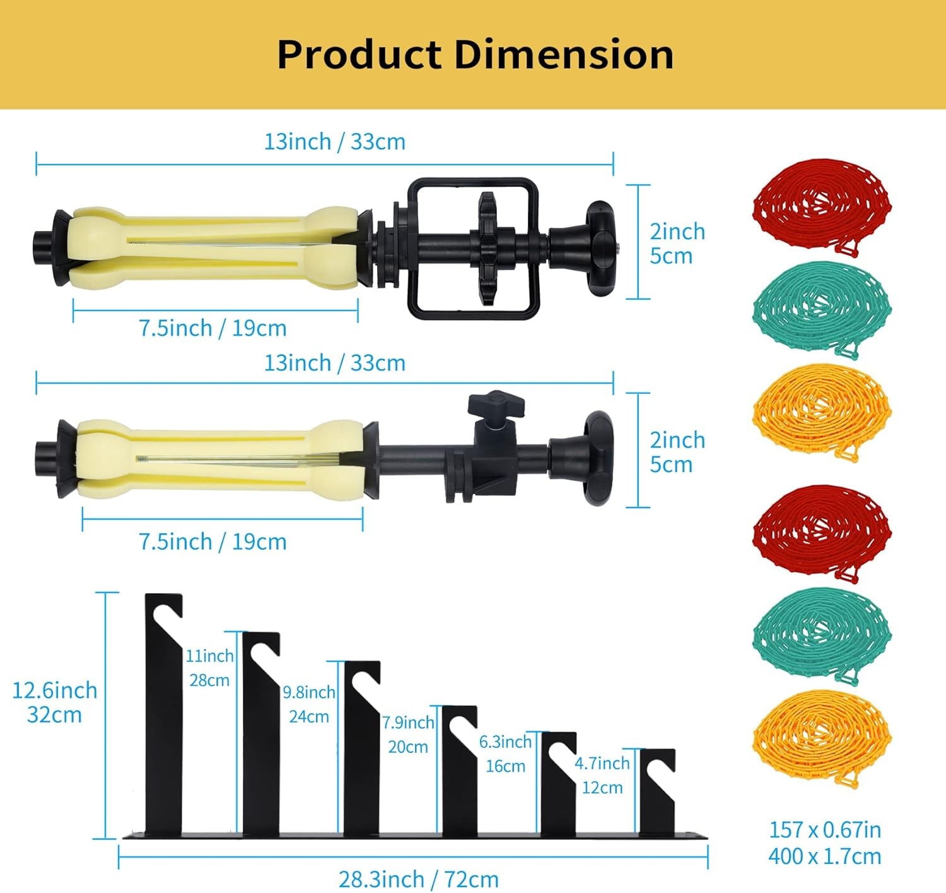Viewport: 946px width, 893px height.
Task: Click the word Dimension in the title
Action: coord(564,54)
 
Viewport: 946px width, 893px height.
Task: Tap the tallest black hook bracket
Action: coord(163,714)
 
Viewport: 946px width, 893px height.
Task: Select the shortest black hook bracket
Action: coord(657,792)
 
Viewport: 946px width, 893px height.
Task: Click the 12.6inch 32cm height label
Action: coord(54,702)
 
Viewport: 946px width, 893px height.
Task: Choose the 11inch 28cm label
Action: coord(209,668)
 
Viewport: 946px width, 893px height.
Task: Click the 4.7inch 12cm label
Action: coord(602,775)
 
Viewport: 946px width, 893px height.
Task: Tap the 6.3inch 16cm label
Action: coord(505,754)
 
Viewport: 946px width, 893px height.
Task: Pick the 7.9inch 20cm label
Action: coord(408,734)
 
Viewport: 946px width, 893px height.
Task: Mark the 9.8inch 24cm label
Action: coord(309,704)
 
